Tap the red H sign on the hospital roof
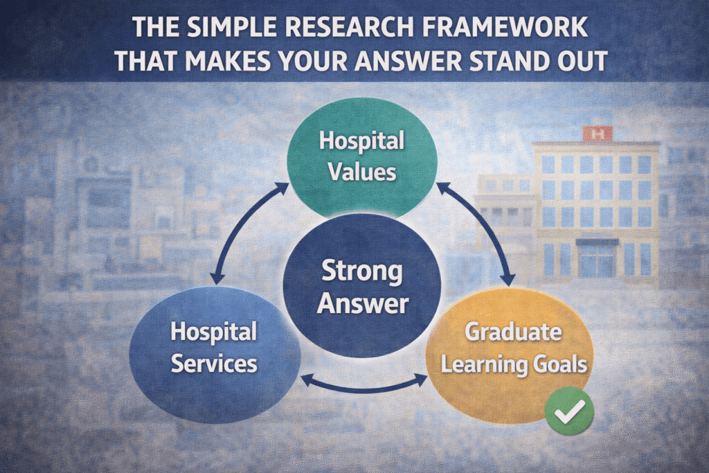(596, 134)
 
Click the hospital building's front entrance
(596, 260)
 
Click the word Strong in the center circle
(361, 271)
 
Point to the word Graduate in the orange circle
(512, 332)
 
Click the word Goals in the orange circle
(560, 363)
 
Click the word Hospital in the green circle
(361, 141)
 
